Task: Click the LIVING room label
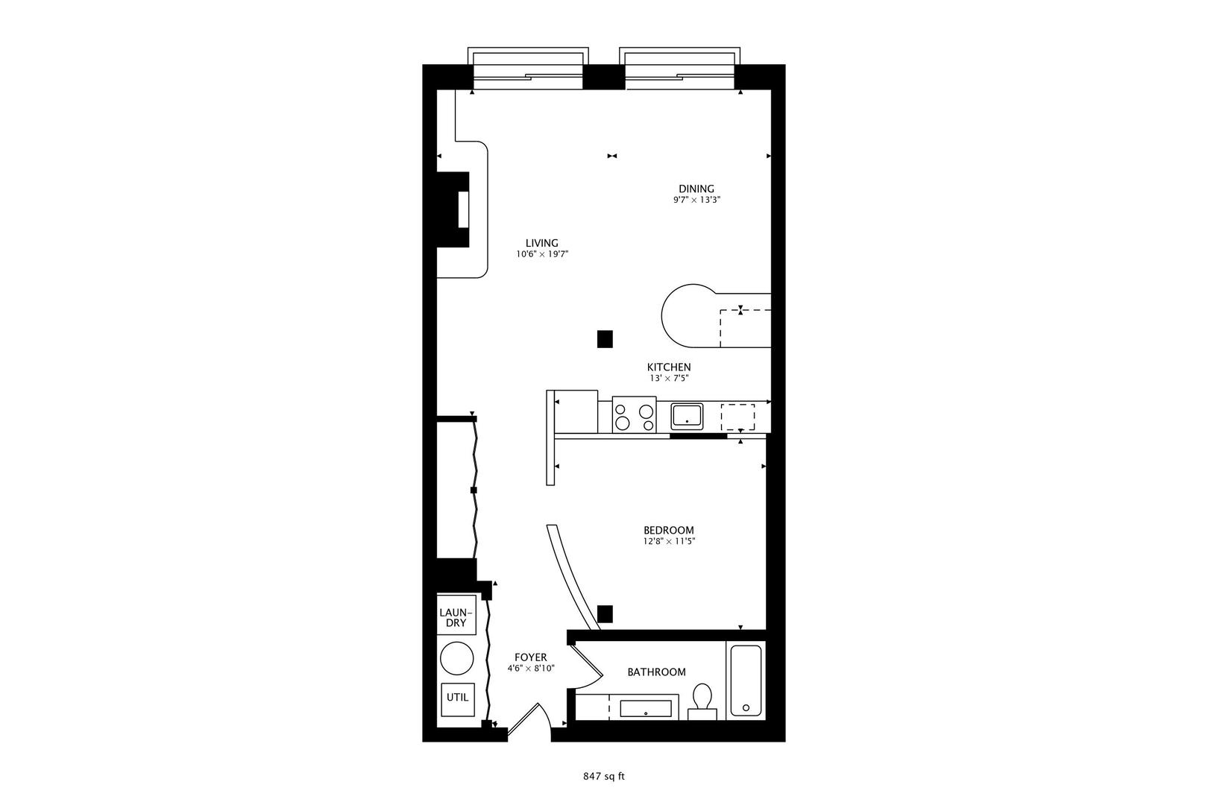pos(542,243)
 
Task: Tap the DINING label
pos(696,189)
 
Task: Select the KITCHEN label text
pos(669,367)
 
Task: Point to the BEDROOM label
pos(669,530)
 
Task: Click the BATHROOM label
pos(656,672)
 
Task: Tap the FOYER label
pos(531,657)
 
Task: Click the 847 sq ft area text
pos(603,777)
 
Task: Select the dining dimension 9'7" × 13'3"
pos(696,200)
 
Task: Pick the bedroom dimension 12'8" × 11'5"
pos(669,541)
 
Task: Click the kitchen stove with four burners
pos(634,414)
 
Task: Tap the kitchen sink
pos(687,416)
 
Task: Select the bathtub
pos(746,681)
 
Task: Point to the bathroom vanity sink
pos(646,709)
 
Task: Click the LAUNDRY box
pos(456,615)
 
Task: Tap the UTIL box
pos(458,699)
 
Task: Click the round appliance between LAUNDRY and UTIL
pos(457,658)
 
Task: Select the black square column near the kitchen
pos(605,339)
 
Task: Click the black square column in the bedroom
pos(605,614)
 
